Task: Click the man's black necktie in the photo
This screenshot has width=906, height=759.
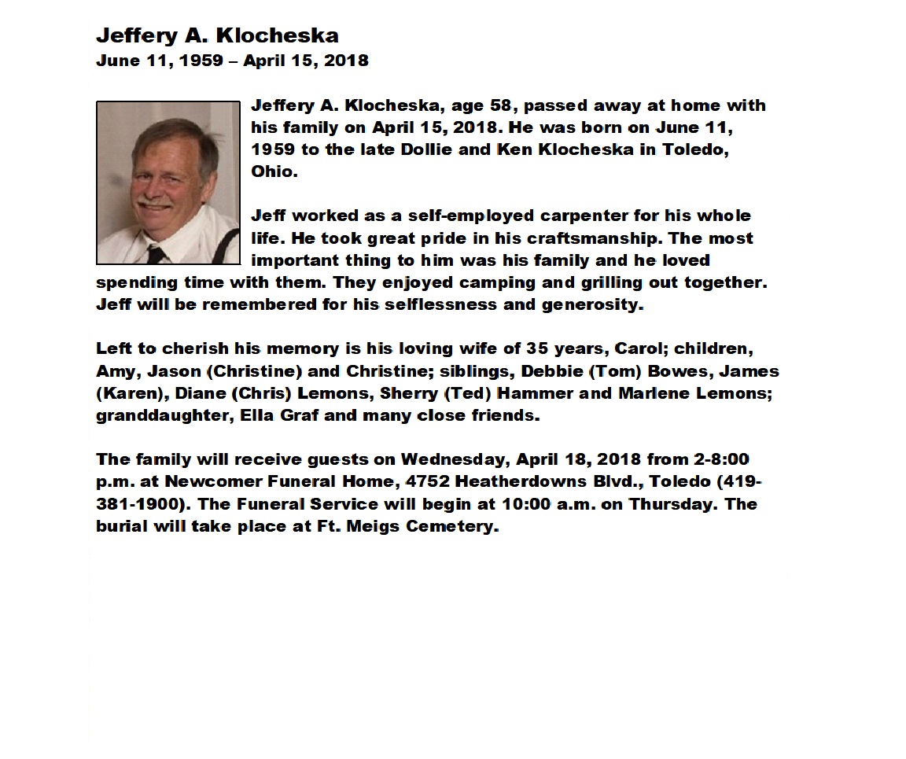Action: click(x=155, y=254)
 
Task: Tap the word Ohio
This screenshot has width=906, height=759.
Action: click(x=274, y=171)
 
